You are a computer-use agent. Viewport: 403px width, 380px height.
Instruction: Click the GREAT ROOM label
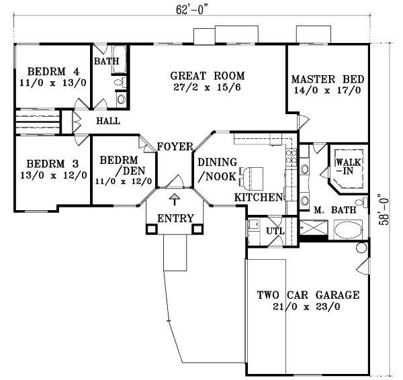coord(208,76)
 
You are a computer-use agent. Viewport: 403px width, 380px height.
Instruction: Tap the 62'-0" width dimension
coord(191,9)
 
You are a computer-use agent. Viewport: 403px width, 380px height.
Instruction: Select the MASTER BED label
coord(328,79)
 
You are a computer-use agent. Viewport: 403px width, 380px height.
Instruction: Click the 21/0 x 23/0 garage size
coord(306,307)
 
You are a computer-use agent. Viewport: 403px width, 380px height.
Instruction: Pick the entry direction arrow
coord(175,199)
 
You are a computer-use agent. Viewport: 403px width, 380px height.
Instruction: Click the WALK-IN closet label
coord(348,167)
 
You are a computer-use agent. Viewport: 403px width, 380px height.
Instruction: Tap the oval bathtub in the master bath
coord(348,229)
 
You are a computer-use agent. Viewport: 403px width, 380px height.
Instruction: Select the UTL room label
coord(275,231)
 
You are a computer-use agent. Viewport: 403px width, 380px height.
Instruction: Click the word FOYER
coord(175,147)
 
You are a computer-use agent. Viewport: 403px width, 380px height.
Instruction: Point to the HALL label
coord(108,121)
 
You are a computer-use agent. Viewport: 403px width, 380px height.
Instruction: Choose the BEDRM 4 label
coord(54,71)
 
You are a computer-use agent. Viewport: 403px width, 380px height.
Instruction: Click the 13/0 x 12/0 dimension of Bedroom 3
coord(54,175)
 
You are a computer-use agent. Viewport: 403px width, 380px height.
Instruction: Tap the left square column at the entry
coord(152,229)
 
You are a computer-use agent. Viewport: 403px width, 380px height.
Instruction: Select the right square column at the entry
coord(198,229)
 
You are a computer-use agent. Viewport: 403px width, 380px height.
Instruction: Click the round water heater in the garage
coord(361,248)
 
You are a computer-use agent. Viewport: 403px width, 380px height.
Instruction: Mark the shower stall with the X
coord(314,228)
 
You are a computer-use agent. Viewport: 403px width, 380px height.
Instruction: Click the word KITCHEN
coord(258,197)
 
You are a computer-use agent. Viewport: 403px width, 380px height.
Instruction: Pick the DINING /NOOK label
coord(218,169)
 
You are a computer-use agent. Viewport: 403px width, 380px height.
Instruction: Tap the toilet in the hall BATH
coord(120,82)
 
